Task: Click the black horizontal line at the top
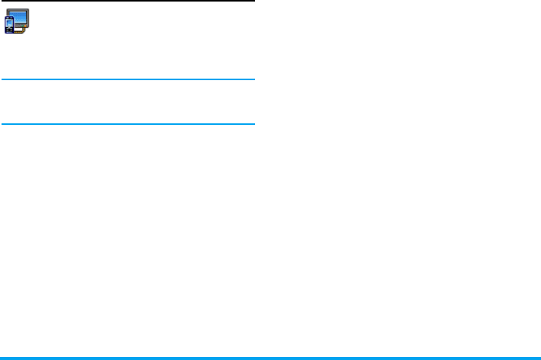tap(127, 2)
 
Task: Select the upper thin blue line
tap(127, 79)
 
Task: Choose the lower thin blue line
tap(127, 123)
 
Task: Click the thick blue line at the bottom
tap(270, 358)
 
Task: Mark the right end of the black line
tap(253, 2)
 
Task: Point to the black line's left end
tap(2, 2)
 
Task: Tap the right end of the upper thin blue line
tap(253, 79)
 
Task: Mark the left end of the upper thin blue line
tap(2, 79)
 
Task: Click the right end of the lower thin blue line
tap(253, 123)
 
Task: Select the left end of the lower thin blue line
tap(2, 123)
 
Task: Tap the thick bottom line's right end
tap(539, 358)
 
